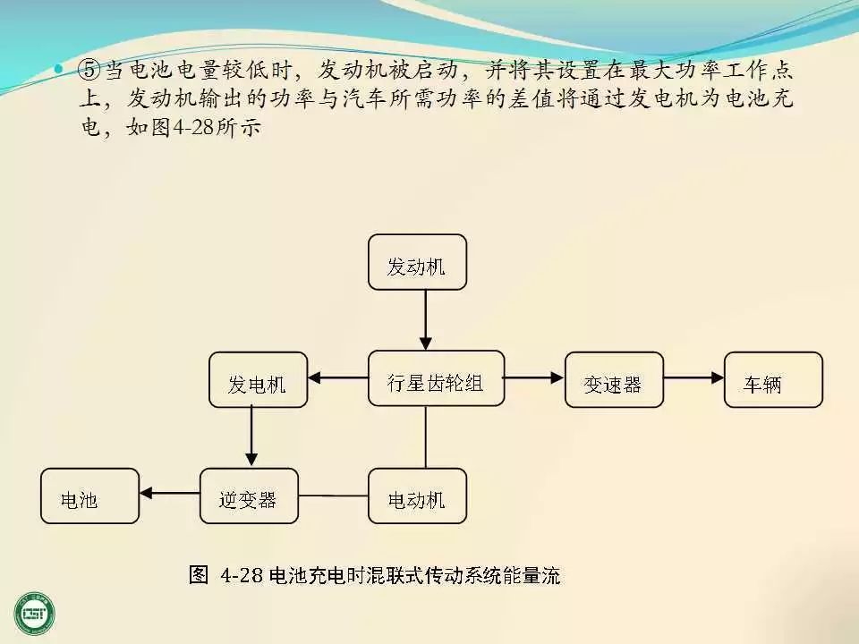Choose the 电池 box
(89, 496)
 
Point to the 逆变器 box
(248, 496)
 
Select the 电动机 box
(417, 496)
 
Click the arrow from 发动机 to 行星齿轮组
(426, 319)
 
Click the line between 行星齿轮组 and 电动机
(426, 437)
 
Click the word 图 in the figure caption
(199, 574)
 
